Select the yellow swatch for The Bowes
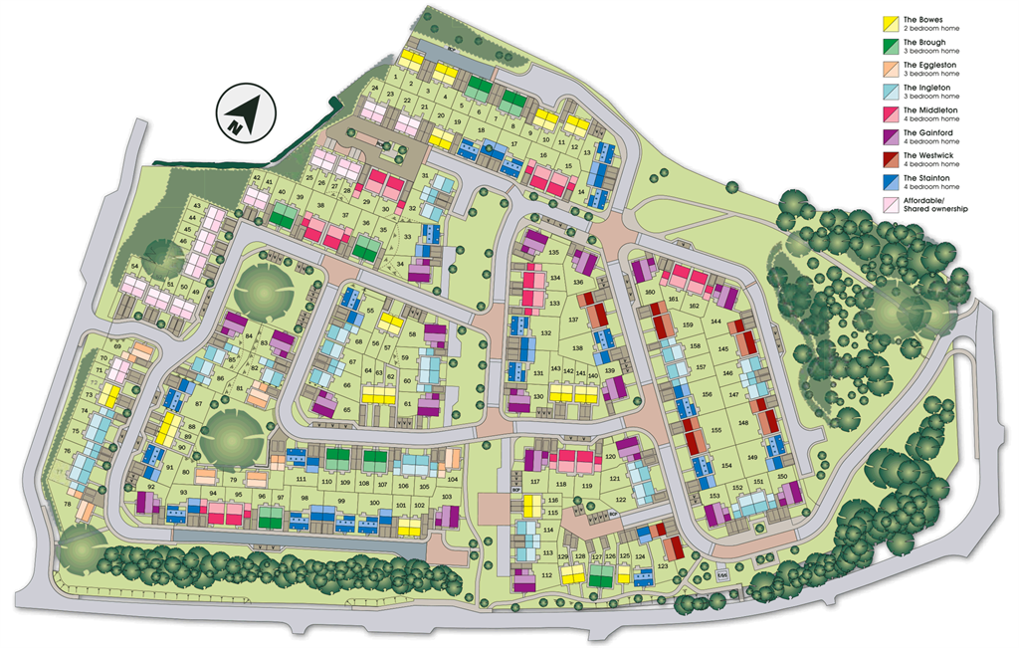(891, 23)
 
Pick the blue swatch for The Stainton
(891, 182)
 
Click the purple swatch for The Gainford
(891, 136)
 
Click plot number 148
(743, 422)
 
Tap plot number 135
(554, 253)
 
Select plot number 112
(547, 575)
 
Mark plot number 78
(68, 505)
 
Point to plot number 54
(134, 266)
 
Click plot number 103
(446, 496)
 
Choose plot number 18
(482, 131)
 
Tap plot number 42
(257, 178)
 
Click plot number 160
(650, 293)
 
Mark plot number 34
(401, 263)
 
